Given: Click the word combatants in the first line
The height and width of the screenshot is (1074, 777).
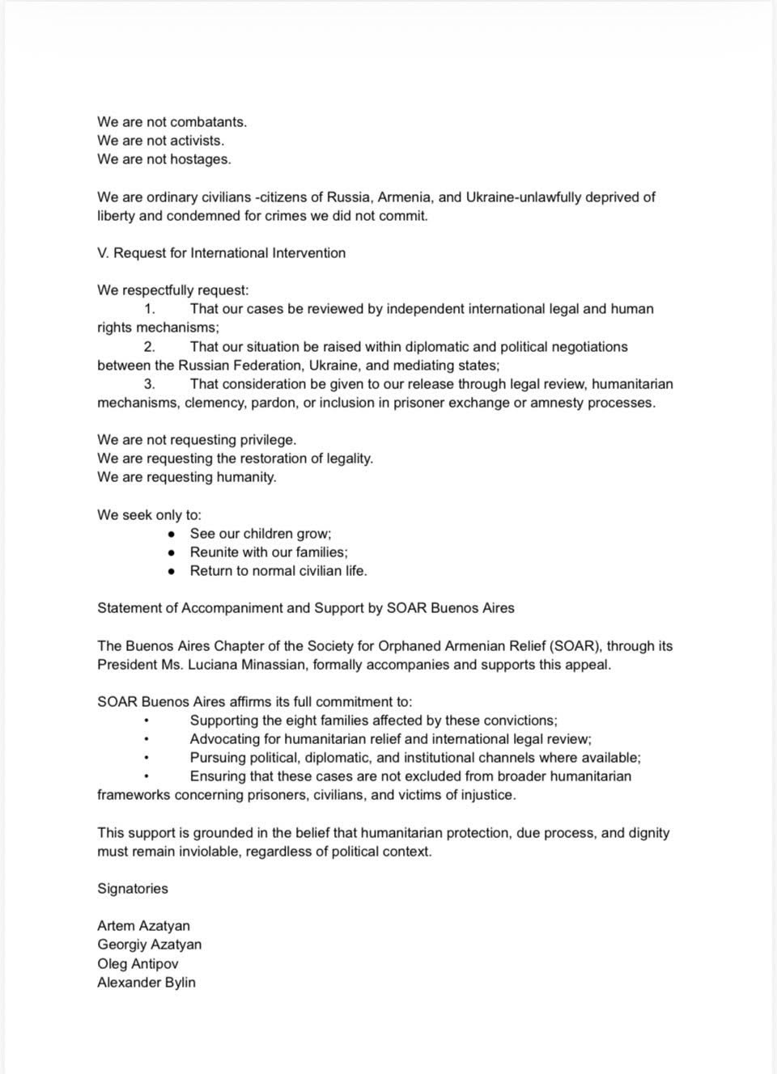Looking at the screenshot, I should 208,122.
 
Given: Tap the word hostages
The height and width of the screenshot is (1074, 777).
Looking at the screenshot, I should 200,159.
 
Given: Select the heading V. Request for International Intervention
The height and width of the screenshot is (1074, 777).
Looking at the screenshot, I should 221,253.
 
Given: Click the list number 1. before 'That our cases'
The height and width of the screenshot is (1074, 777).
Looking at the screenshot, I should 150,309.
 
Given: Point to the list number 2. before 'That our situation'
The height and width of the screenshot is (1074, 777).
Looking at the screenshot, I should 150,347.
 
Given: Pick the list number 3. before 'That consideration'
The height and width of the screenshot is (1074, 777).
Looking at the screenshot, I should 150,384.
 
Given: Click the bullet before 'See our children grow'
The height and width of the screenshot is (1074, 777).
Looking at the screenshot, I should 172,535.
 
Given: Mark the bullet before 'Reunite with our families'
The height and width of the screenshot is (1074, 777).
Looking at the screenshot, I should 172,553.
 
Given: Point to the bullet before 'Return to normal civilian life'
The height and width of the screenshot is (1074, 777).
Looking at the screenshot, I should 172,572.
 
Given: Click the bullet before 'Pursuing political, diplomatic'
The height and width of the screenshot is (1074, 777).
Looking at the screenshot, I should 146,759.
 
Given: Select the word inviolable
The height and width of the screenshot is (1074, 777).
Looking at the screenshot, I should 197,852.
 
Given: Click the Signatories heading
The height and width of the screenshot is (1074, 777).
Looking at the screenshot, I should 133,889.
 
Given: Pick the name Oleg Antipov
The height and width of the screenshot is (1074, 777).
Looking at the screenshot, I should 138,964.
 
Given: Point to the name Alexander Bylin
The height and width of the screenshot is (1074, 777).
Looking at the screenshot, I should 146,983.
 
